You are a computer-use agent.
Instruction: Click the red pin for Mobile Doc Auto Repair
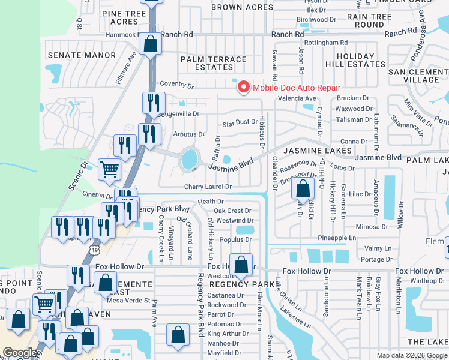244,87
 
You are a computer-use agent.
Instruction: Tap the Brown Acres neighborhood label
243,7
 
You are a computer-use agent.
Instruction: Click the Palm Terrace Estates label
214,64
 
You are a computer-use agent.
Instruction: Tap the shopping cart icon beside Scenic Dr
109,169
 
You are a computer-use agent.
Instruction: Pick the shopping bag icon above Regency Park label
241,264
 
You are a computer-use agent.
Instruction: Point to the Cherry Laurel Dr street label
208,187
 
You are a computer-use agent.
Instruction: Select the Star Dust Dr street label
240,124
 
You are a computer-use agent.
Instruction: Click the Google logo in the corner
19,353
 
